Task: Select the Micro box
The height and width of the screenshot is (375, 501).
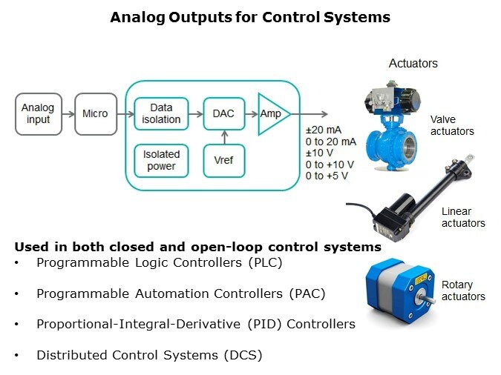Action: [x=95, y=113]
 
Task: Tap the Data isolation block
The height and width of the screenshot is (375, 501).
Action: [x=160, y=113]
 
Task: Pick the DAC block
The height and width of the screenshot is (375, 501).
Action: [x=223, y=113]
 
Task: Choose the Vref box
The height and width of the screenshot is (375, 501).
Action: [x=223, y=160]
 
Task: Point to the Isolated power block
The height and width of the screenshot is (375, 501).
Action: [x=160, y=160]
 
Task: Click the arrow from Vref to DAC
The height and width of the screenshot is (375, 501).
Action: [x=223, y=137]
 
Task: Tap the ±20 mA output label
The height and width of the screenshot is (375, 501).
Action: [x=324, y=130]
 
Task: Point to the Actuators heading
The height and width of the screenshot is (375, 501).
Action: [x=413, y=64]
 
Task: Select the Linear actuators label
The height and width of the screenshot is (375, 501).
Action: [x=463, y=217]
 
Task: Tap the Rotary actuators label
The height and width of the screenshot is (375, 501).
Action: [x=463, y=291]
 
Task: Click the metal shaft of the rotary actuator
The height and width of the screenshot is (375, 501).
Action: [x=431, y=300]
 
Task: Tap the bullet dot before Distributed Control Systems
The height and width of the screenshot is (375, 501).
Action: [x=17, y=355]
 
